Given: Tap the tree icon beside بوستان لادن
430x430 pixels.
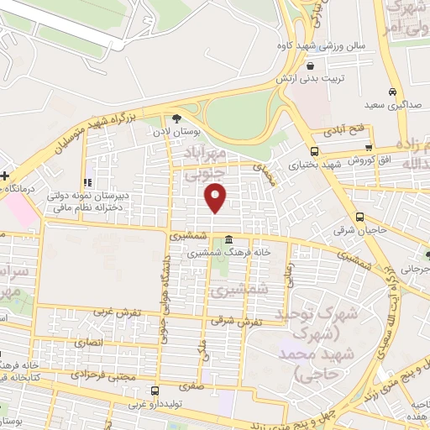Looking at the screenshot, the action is click(x=176, y=118).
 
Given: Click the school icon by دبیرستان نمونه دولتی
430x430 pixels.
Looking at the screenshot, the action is click(x=86, y=182).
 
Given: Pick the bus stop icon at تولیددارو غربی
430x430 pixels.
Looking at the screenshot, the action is click(x=155, y=391).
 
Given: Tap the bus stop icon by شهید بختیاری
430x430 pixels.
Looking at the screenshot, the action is click(x=314, y=151).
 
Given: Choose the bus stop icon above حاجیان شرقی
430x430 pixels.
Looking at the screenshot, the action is click(x=360, y=216).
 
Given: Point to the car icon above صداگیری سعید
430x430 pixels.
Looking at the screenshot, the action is click(x=391, y=92).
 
